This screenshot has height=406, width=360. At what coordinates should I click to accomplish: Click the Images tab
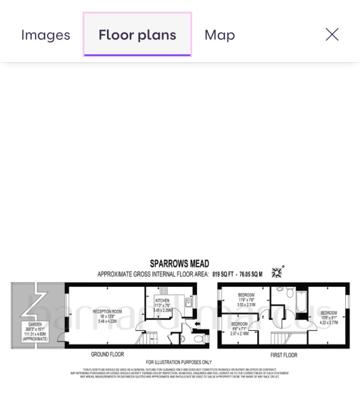click(x=45, y=35)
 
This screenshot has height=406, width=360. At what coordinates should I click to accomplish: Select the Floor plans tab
click(x=137, y=35)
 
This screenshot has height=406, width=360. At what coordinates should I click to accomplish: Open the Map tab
click(x=219, y=35)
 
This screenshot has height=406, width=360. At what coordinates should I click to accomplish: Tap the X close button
click(x=332, y=35)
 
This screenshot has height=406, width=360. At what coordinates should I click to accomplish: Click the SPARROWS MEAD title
click(x=179, y=263)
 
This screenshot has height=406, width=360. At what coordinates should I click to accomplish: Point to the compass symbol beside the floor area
click(x=277, y=273)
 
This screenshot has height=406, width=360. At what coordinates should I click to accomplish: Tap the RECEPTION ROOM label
click(x=108, y=312)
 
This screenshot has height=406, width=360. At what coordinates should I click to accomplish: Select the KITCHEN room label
click(x=162, y=300)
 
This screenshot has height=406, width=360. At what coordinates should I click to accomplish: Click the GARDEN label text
click(x=35, y=325)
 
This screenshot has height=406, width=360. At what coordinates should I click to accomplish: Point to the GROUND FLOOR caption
click(x=108, y=354)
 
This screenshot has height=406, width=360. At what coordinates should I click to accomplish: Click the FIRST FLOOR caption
click(x=284, y=355)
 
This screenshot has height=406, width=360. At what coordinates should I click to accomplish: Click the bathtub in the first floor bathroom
click(x=301, y=303)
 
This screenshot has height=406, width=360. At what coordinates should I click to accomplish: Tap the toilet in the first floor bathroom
click(x=289, y=293)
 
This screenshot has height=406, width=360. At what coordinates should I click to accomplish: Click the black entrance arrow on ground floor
click(x=196, y=324)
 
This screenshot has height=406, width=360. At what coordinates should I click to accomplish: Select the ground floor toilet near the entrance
click(x=198, y=338)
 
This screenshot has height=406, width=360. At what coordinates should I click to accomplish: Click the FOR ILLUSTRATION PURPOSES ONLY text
click(x=179, y=362)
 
